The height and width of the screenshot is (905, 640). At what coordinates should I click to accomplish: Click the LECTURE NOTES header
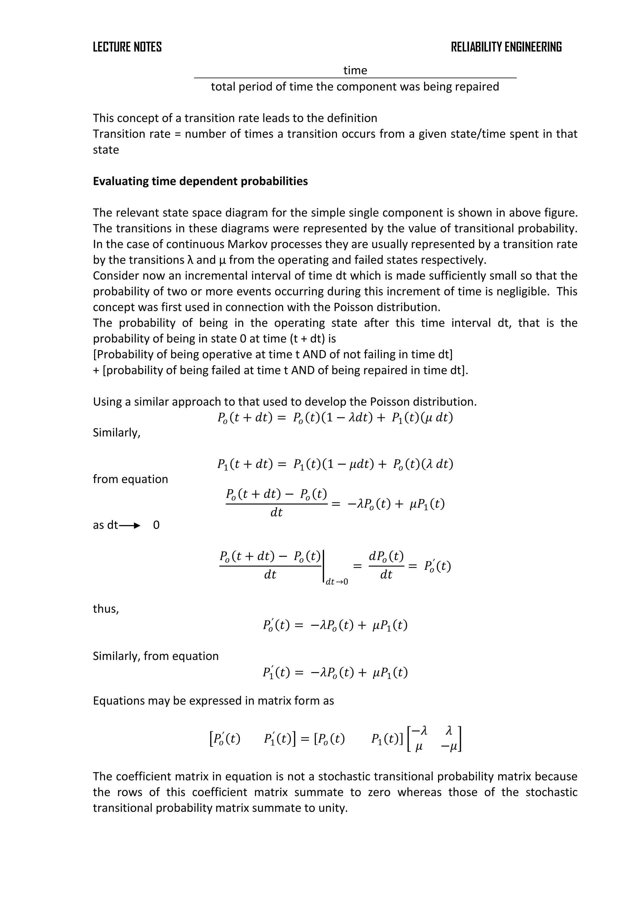127,47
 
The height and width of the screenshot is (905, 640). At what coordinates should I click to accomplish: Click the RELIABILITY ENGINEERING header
506,47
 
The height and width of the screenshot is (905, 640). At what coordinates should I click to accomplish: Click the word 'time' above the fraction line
355,71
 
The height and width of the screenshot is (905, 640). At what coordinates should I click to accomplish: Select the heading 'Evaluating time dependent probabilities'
200,181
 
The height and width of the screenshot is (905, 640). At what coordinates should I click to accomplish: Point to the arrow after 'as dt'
130,525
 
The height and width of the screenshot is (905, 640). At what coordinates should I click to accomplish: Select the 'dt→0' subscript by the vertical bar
337,582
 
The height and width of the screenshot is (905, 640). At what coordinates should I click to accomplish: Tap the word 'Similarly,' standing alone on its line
117,432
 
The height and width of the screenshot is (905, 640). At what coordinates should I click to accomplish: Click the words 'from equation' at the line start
130,479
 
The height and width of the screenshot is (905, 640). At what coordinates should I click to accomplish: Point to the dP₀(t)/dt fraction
386,566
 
